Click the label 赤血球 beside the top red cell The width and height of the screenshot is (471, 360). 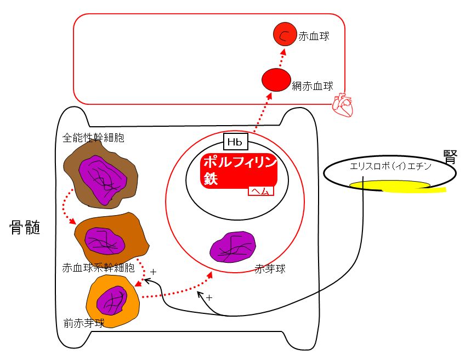pyautogui.click(x=314, y=36)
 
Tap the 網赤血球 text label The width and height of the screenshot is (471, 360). pyautogui.click(x=313, y=86)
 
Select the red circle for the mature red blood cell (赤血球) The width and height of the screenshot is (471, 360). pyautogui.click(x=285, y=34)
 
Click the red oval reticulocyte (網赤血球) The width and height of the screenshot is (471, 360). pyautogui.click(x=276, y=80)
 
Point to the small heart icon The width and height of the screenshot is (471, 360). pyautogui.click(x=343, y=105)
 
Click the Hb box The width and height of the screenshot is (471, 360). pyautogui.click(x=236, y=142)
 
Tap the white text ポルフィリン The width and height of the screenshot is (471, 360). pyautogui.click(x=240, y=162)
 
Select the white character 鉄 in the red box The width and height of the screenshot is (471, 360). pyautogui.click(x=211, y=178)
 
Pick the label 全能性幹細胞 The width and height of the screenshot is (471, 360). pyautogui.click(x=93, y=138)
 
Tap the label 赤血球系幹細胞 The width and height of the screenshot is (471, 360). pyautogui.click(x=98, y=268)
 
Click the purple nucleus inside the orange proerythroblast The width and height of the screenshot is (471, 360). pyautogui.click(x=112, y=300)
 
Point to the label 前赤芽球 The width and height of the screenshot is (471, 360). pyautogui.click(x=84, y=323)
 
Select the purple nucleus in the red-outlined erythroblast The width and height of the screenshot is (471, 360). pyautogui.click(x=233, y=246)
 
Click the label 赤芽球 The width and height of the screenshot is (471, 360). pyautogui.click(x=270, y=268)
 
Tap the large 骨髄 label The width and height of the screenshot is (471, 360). pyautogui.click(x=25, y=227)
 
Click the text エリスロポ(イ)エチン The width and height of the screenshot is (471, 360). pyautogui.click(x=391, y=166)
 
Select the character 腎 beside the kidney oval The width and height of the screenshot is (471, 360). pyautogui.click(x=450, y=157)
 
